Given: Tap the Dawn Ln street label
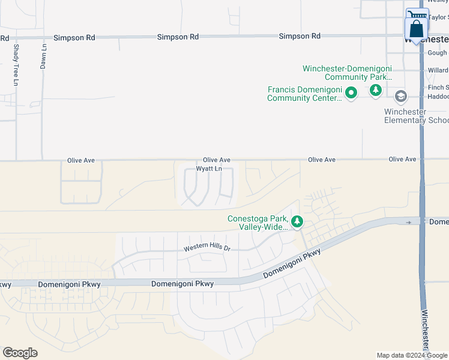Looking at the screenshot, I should [x=44, y=56].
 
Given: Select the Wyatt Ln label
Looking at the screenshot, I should [x=211, y=169].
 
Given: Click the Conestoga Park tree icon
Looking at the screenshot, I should [x=297, y=222].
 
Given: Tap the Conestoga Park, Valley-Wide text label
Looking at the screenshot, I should [x=258, y=223].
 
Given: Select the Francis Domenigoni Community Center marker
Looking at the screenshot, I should [x=351, y=93].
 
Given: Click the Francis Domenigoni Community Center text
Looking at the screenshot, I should [x=305, y=94].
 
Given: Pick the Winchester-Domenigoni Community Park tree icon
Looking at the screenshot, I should [x=376, y=91].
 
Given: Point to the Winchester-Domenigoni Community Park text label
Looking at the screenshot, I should [x=348, y=73].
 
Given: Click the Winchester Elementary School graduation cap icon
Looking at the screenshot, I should [x=400, y=97].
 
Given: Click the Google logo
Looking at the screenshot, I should [x=20, y=352].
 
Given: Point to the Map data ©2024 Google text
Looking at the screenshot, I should [x=412, y=355].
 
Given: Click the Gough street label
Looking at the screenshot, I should [x=438, y=53].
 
